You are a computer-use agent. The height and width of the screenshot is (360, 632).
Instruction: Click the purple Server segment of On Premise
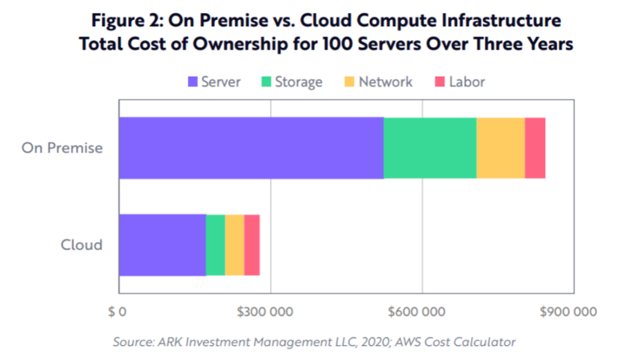pyautogui.click(x=251, y=148)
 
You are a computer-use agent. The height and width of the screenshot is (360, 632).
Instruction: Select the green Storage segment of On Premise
pyautogui.click(x=430, y=148)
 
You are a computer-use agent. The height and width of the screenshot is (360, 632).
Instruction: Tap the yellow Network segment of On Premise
pyautogui.click(x=500, y=148)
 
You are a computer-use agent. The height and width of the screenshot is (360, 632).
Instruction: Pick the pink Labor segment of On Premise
pyautogui.click(x=535, y=148)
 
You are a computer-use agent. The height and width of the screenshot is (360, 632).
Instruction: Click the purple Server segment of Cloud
pyautogui.click(x=162, y=245)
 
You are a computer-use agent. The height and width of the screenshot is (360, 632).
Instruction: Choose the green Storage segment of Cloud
pyautogui.click(x=215, y=245)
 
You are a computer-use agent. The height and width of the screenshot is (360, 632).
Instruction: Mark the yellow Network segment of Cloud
pyautogui.click(x=235, y=245)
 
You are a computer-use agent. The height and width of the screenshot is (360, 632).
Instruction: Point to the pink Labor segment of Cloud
pyautogui.click(x=252, y=245)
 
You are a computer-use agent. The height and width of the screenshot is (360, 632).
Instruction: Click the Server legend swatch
pyautogui.click(x=193, y=82)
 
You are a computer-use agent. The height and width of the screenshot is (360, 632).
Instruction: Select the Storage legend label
pyautogui.click(x=298, y=82)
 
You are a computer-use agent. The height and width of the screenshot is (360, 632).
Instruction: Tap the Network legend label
pyautogui.click(x=386, y=82)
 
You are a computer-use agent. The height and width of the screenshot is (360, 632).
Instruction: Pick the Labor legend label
pyautogui.click(x=467, y=82)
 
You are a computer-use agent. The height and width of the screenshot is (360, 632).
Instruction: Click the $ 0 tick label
pyautogui.click(x=117, y=311)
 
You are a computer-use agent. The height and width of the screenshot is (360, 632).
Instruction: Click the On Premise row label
pyautogui.click(x=62, y=148)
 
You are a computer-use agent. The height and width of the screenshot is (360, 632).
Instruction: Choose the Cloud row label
pyautogui.click(x=81, y=245)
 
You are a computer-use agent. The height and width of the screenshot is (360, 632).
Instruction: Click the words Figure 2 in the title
pyautogui.click(x=124, y=21)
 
